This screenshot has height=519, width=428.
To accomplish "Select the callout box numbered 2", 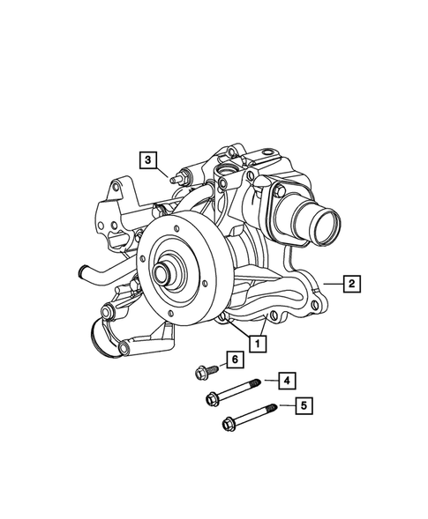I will [351, 283].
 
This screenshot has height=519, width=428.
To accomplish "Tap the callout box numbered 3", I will [149, 159].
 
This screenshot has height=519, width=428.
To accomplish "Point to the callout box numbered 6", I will [235, 359].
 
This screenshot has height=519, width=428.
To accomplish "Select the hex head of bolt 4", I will [213, 400].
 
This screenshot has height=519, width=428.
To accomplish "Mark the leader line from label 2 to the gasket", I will [332, 283].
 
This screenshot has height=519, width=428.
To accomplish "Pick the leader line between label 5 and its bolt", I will [285, 406].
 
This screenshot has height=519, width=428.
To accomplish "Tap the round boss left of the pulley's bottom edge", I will [109, 312].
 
